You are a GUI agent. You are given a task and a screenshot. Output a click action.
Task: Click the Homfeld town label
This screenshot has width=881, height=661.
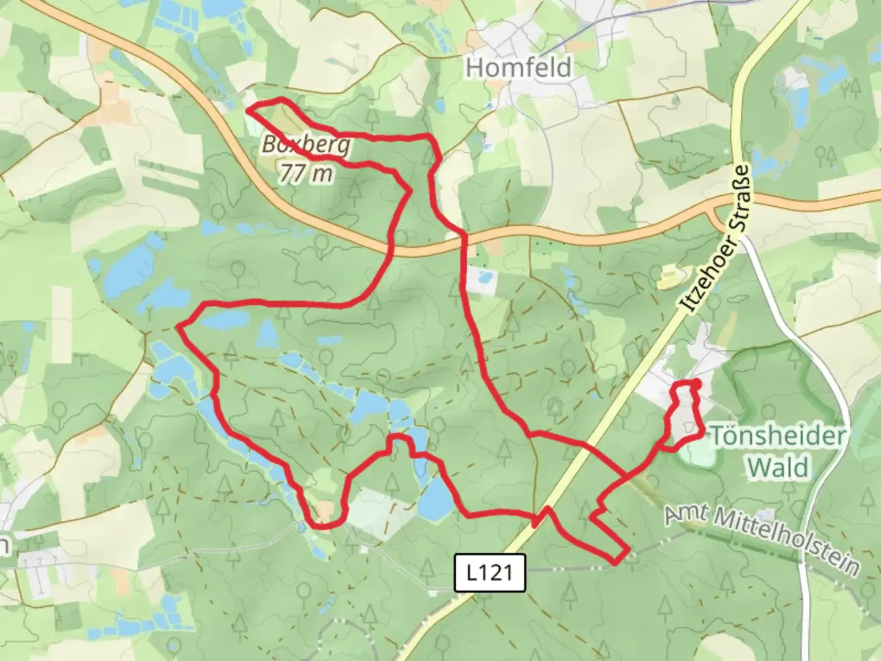pyautogui.click(x=519, y=67)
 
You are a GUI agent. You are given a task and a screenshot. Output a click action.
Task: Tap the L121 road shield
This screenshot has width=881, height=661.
pyautogui.click(x=490, y=573)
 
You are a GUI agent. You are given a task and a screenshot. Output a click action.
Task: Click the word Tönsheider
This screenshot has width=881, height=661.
pyautogui.click(x=778, y=436)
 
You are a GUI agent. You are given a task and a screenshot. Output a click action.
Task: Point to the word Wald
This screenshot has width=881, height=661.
pyautogui.click(x=778, y=468)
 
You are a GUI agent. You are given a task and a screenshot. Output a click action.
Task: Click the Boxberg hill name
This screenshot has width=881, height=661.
pyautogui.click(x=307, y=146)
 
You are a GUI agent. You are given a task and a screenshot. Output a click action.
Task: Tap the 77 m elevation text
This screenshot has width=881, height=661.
pyautogui.click(x=307, y=174)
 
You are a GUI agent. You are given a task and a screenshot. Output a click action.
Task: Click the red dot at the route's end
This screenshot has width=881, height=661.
pyautogui.click(x=696, y=384)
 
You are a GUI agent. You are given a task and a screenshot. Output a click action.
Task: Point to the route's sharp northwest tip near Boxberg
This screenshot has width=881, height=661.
pyautogui.click(x=248, y=110)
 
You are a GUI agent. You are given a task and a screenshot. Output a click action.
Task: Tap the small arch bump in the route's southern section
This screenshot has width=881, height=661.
pyautogui.click(x=398, y=438)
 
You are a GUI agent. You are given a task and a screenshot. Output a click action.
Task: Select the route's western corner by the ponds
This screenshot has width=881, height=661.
pyautogui.click(x=179, y=327)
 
